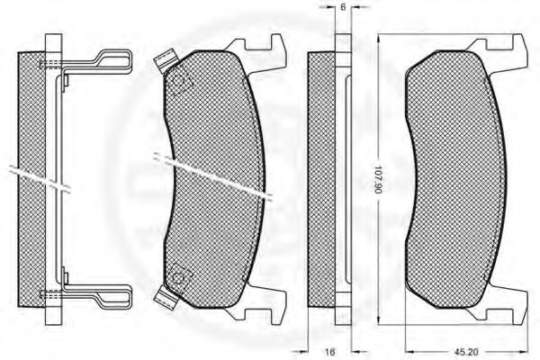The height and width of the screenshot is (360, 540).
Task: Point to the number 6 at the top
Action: click(x=343, y=6)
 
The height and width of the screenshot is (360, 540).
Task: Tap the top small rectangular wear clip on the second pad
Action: click(x=165, y=61)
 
